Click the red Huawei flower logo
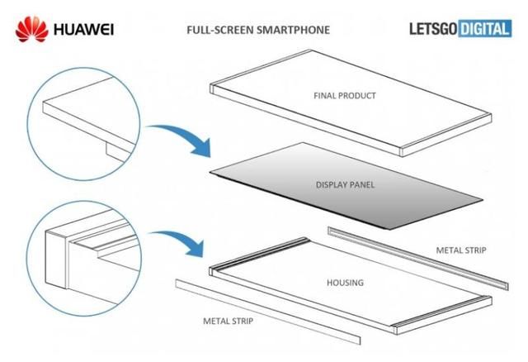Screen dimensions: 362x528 pyautogui.click(x=30, y=31)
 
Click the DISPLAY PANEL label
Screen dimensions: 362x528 pyautogui.click(x=345, y=184)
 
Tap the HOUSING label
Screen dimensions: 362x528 pyautogui.click(x=344, y=283)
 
